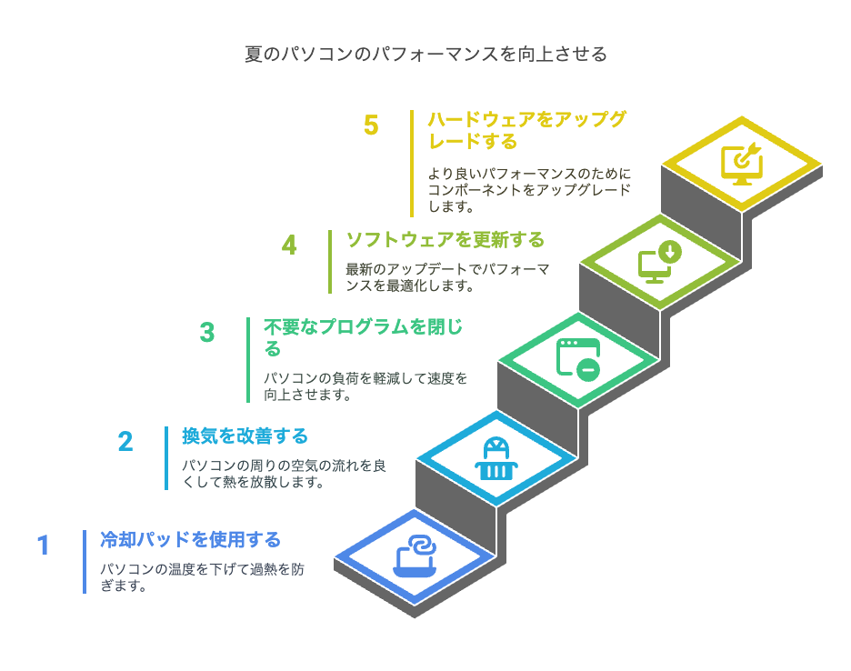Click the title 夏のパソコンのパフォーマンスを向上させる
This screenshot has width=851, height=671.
[x=425, y=55]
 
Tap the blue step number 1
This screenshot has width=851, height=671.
[x=44, y=545]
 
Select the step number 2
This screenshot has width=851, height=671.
[x=125, y=441]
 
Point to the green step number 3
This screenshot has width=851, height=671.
[x=207, y=332]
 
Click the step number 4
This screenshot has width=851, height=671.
[x=289, y=245]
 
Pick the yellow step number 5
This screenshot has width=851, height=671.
[x=371, y=125]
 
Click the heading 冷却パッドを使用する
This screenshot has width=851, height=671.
[x=191, y=540]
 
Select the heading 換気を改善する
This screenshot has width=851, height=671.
[x=245, y=436]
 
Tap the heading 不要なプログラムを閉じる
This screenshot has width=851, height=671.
[x=363, y=337]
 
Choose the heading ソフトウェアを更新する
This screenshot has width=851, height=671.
[x=445, y=239]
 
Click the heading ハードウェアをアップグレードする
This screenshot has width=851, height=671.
[x=527, y=130]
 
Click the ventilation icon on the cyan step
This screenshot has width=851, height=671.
[x=496, y=459]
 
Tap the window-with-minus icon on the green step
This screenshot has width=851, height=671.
[x=578, y=360]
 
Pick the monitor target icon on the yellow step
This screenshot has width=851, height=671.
[x=742, y=164]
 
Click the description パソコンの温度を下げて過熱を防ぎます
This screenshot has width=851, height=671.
[x=202, y=577]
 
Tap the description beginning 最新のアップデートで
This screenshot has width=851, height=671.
[x=447, y=277]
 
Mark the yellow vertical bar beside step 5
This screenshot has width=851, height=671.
[x=412, y=164]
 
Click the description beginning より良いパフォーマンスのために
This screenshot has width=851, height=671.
[x=530, y=190]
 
